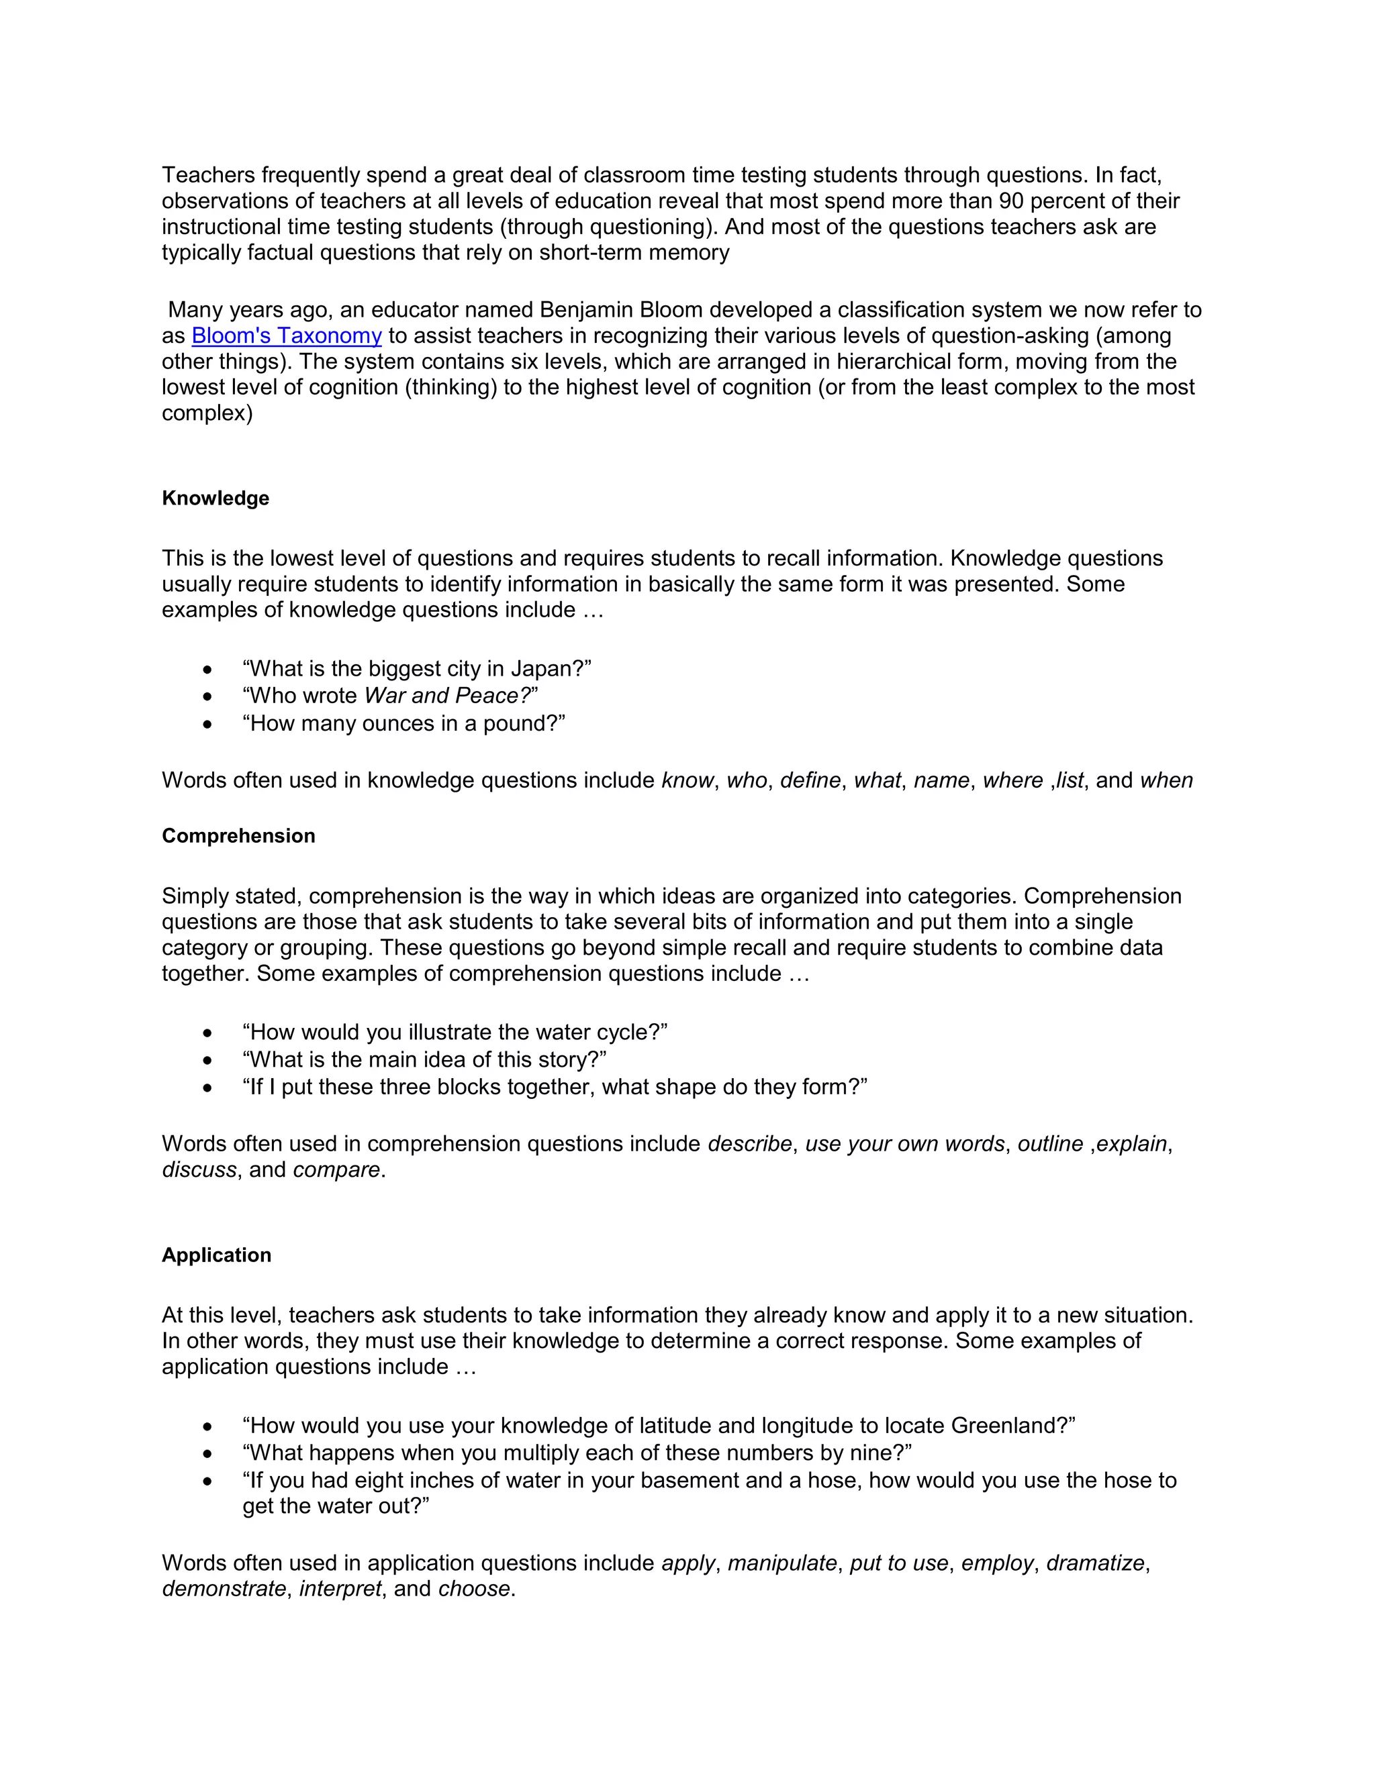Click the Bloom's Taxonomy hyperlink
pyautogui.click(x=287, y=335)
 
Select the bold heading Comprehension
pyautogui.click(x=238, y=836)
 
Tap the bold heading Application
pyautogui.click(x=216, y=1255)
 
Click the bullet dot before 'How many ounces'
pyautogui.click(x=207, y=724)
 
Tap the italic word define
pyautogui.click(x=810, y=781)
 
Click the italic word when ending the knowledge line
pyautogui.click(x=1166, y=781)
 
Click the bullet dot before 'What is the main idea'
pyautogui.click(x=207, y=1060)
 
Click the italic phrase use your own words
pyautogui.click(x=904, y=1144)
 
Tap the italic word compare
pyautogui.click(x=336, y=1170)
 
